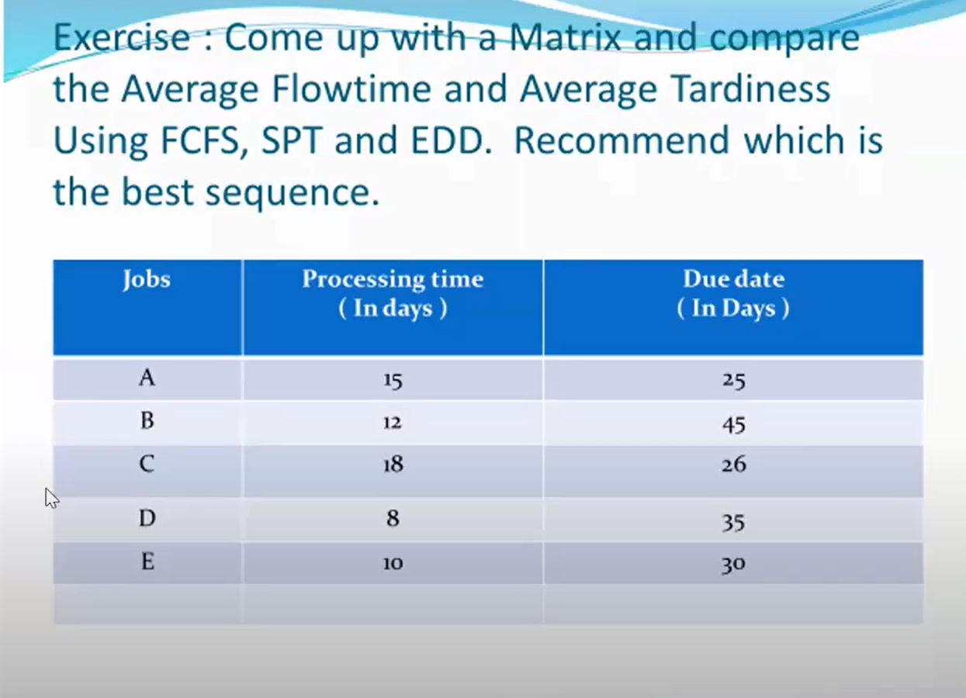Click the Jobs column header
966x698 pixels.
(x=146, y=279)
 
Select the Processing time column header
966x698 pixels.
(x=393, y=293)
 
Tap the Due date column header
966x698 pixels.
(x=733, y=293)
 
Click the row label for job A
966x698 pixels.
(x=147, y=378)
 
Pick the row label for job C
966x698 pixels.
(x=147, y=464)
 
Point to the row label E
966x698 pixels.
(x=147, y=561)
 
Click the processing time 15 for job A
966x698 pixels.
(x=393, y=380)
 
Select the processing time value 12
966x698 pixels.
(x=393, y=423)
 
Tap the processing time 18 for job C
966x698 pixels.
(x=393, y=465)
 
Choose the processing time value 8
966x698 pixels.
(x=393, y=518)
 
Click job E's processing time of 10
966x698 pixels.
(x=393, y=564)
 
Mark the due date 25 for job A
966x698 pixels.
(x=733, y=380)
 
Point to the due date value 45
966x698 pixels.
(x=733, y=424)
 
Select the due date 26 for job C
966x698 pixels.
(x=733, y=465)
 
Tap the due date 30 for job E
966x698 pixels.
(x=733, y=565)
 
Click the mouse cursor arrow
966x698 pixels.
(x=51, y=497)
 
